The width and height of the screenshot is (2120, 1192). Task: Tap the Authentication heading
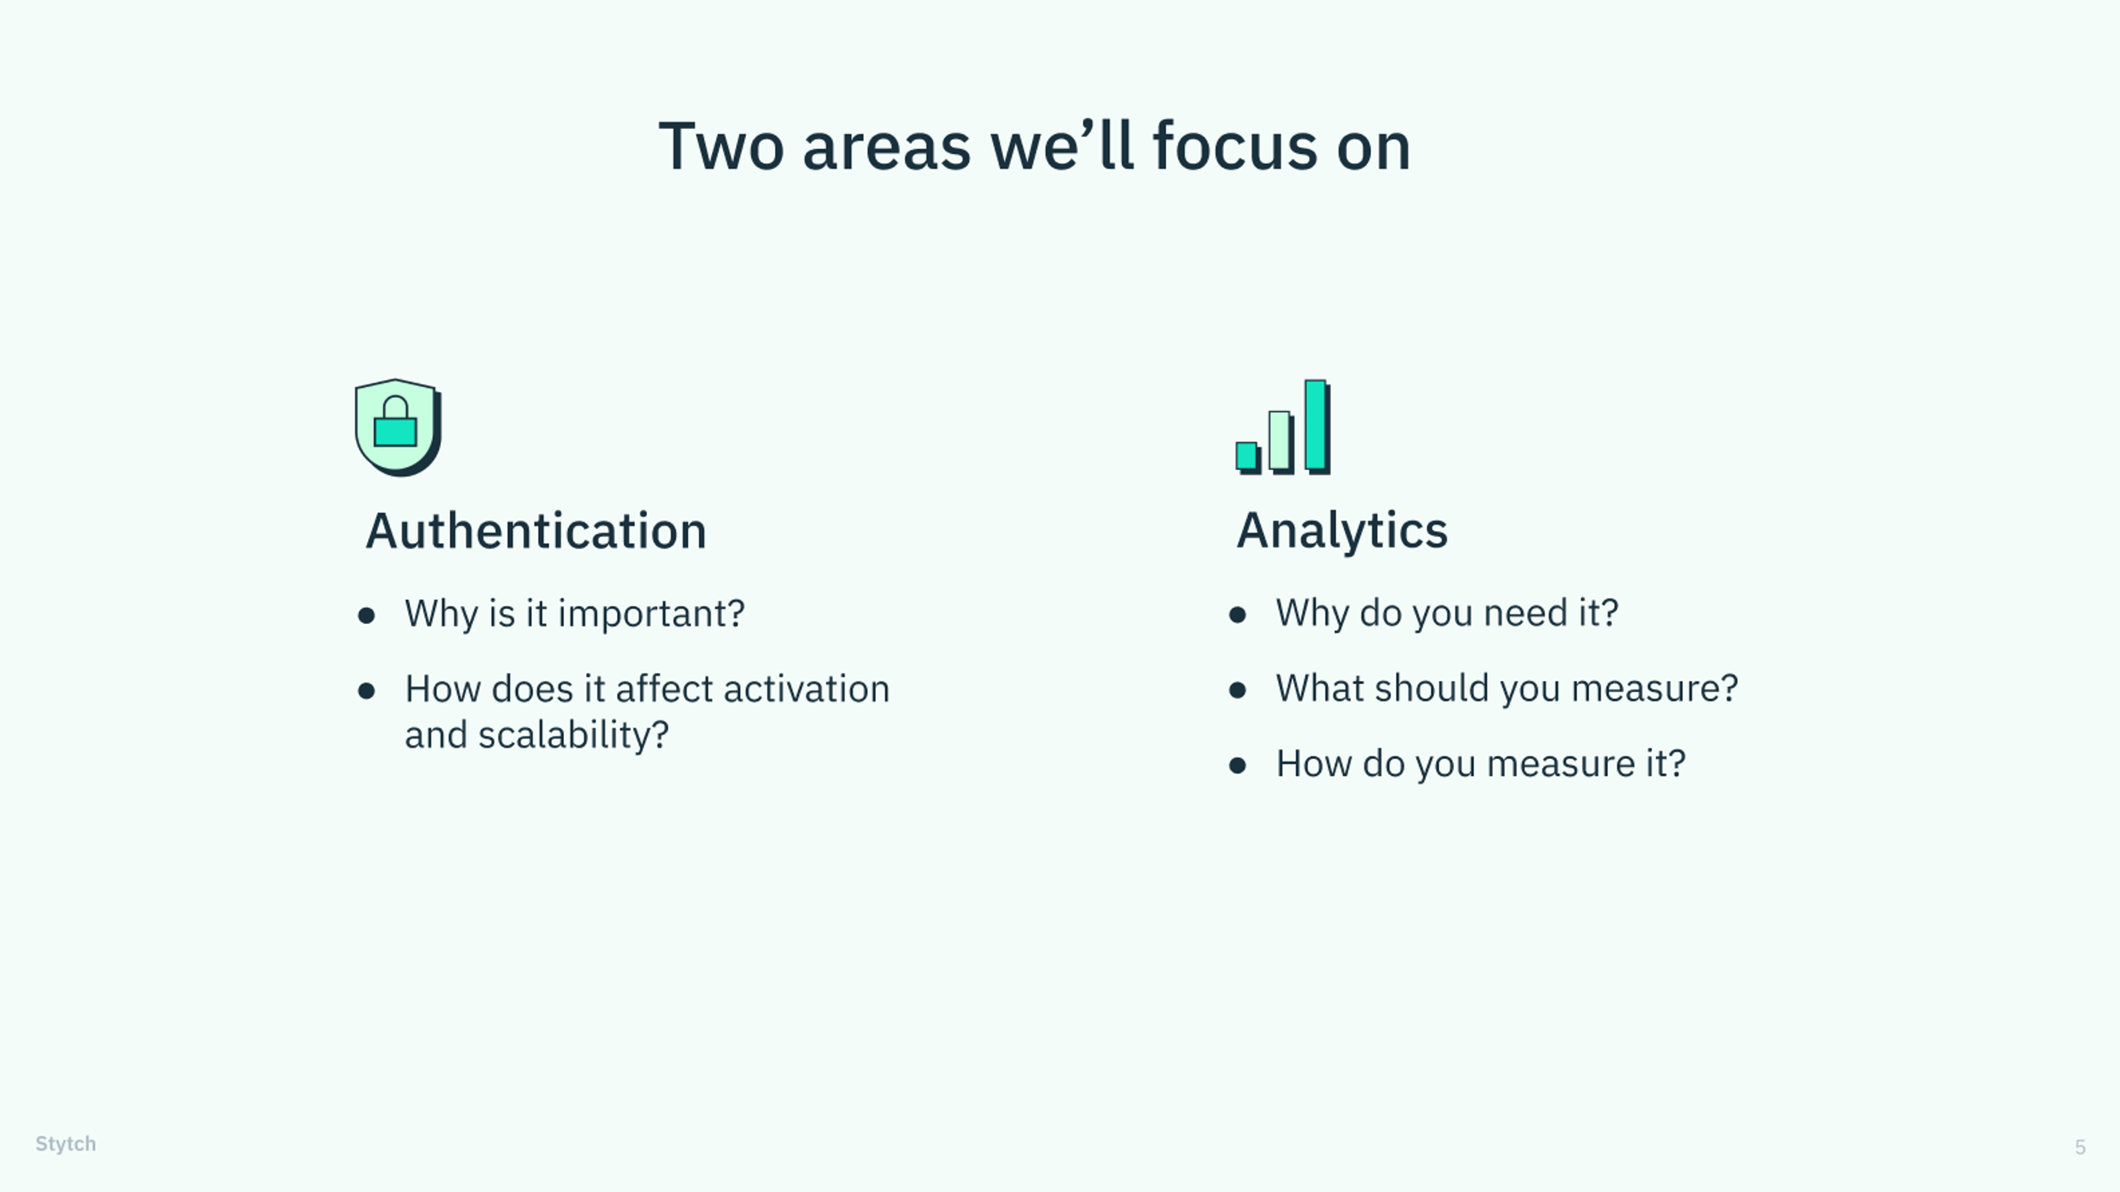[536, 530]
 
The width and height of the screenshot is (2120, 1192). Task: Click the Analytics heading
[1342, 530]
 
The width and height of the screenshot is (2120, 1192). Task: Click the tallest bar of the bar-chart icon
[1317, 426]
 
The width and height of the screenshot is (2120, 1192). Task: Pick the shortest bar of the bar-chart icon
[1248, 457]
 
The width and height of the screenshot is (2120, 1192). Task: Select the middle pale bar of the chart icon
[1281, 441]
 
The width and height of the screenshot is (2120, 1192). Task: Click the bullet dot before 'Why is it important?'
[366, 615]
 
